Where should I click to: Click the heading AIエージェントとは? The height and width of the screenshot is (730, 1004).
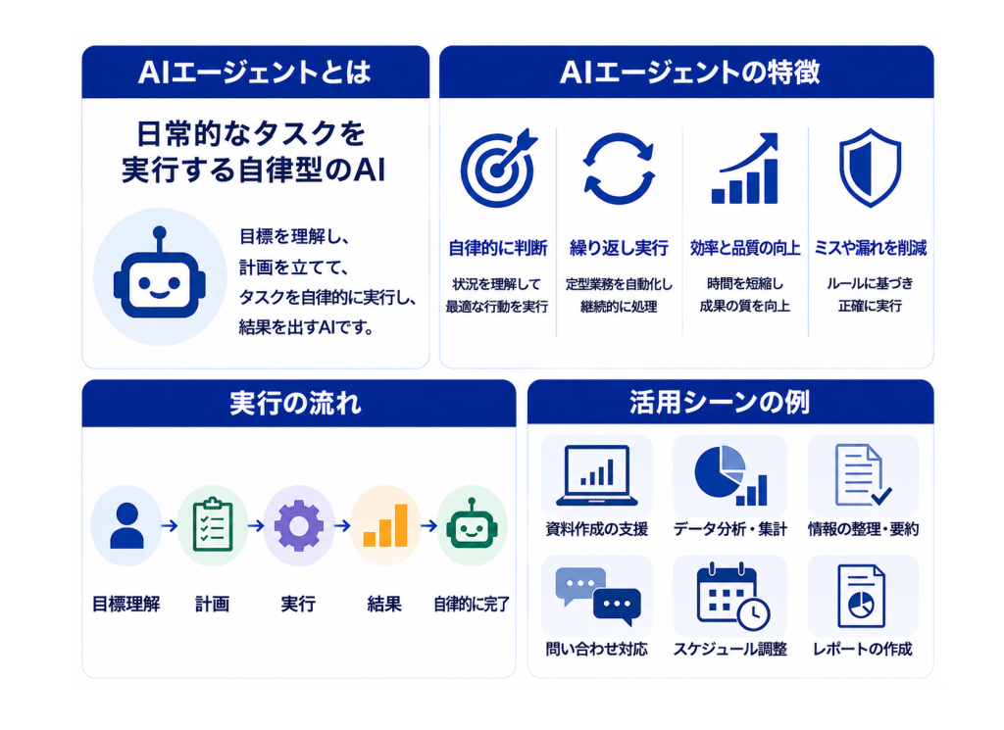(x=254, y=72)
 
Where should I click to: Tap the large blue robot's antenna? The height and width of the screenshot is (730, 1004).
(x=160, y=239)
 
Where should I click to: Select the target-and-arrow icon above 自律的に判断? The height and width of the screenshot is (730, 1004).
(x=499, y=169)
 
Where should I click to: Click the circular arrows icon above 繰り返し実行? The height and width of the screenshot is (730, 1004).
(x=619, y=169)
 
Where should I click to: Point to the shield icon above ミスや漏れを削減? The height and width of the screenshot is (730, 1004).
(x=870, y=168)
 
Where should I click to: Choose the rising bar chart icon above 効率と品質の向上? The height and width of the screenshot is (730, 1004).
(x=745, y=169)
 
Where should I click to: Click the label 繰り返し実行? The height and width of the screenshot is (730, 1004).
(x=619, y=248)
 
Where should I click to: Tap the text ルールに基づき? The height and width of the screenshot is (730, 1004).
(x=870, y=283)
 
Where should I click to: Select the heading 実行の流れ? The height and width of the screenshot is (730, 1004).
(x=295, y=404)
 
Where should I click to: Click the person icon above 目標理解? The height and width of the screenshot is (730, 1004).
(x=126, y=525)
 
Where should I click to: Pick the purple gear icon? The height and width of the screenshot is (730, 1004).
(x=299, y=526)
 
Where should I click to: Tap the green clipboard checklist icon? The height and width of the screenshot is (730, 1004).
(x=213, y=524)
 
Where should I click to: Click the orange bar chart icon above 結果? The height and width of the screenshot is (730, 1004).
(x=385, y=526)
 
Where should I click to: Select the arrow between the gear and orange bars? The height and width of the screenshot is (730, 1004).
(x=342, y=526)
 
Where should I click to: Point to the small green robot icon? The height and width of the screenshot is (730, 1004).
(x=472, y=524)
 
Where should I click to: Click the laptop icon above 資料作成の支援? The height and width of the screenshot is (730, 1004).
(x=597, y=474)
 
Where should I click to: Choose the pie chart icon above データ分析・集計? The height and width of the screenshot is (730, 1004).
(x=730, y=475)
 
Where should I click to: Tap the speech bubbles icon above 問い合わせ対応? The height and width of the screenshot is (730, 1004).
(x=598, y=596)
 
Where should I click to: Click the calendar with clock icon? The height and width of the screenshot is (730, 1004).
(x=732, y=597)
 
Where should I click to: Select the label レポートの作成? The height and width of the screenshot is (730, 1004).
(x=862, y=649)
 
